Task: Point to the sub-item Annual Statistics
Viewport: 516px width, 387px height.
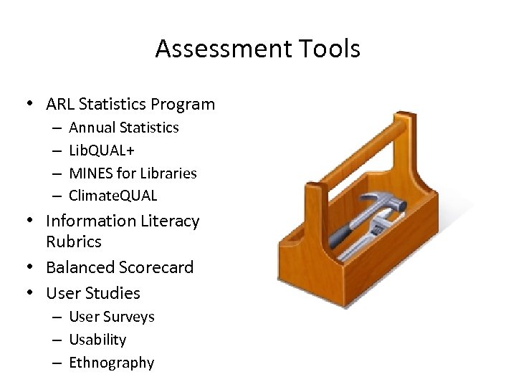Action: (123, 128)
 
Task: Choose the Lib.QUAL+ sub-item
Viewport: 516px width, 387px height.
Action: (102, 150)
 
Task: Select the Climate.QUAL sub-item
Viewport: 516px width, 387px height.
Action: (113, 195)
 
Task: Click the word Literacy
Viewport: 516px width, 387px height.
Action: (165, 221)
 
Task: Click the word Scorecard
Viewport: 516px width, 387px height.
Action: (153, 267)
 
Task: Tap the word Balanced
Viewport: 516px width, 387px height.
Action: (77, 267)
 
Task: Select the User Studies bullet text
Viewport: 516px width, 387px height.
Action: (93, 293)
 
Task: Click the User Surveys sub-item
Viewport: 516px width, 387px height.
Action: (111, 317)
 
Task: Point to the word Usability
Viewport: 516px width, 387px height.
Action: (97, 339)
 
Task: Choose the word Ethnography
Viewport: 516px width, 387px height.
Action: (111, 362)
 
